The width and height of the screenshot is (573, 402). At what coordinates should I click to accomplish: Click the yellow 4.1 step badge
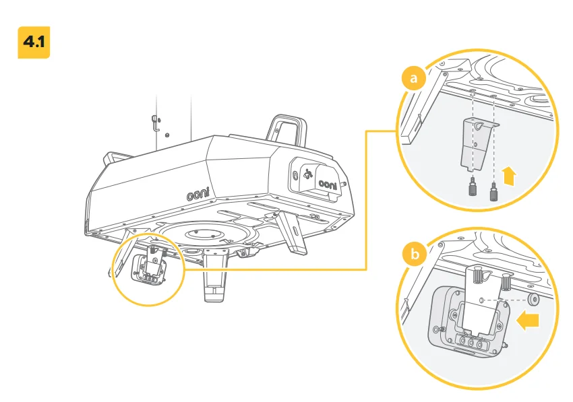[x=34, y=42]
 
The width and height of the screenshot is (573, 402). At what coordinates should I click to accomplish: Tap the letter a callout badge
[x=414, y=77]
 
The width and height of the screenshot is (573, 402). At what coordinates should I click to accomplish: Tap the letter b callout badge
[x=415, y=253]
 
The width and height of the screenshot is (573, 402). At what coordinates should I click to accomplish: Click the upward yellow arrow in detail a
[x=509, y=176]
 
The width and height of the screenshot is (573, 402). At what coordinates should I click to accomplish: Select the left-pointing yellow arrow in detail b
[x=528, y=321]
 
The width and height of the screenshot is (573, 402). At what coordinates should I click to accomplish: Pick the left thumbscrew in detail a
[x=473, y=186]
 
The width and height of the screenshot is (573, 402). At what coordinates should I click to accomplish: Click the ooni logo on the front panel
[x=328, y=184]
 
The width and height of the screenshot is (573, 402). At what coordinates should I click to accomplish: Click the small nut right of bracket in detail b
[x=533, y=300]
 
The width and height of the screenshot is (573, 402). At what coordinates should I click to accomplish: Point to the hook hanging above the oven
[x=155, y=123]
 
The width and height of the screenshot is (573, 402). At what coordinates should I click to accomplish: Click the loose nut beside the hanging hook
[x=167, y=135]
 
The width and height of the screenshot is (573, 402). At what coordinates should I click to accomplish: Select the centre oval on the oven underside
[x=204, y=234]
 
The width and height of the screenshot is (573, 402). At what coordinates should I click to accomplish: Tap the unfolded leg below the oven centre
[x=215, y=274]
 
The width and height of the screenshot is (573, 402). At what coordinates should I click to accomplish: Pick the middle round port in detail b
[x=471, y=343]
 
